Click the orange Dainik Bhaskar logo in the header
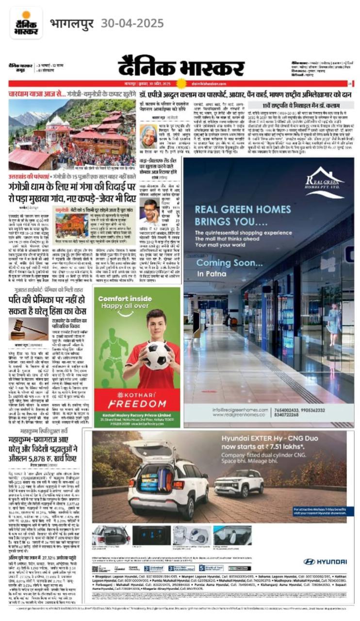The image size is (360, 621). [x=26, y=23]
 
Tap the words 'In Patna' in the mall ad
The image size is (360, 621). [x=210, y=274]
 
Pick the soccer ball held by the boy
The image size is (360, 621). [x=156, y=356]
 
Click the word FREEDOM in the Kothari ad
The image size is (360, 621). [x=137, y=404]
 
